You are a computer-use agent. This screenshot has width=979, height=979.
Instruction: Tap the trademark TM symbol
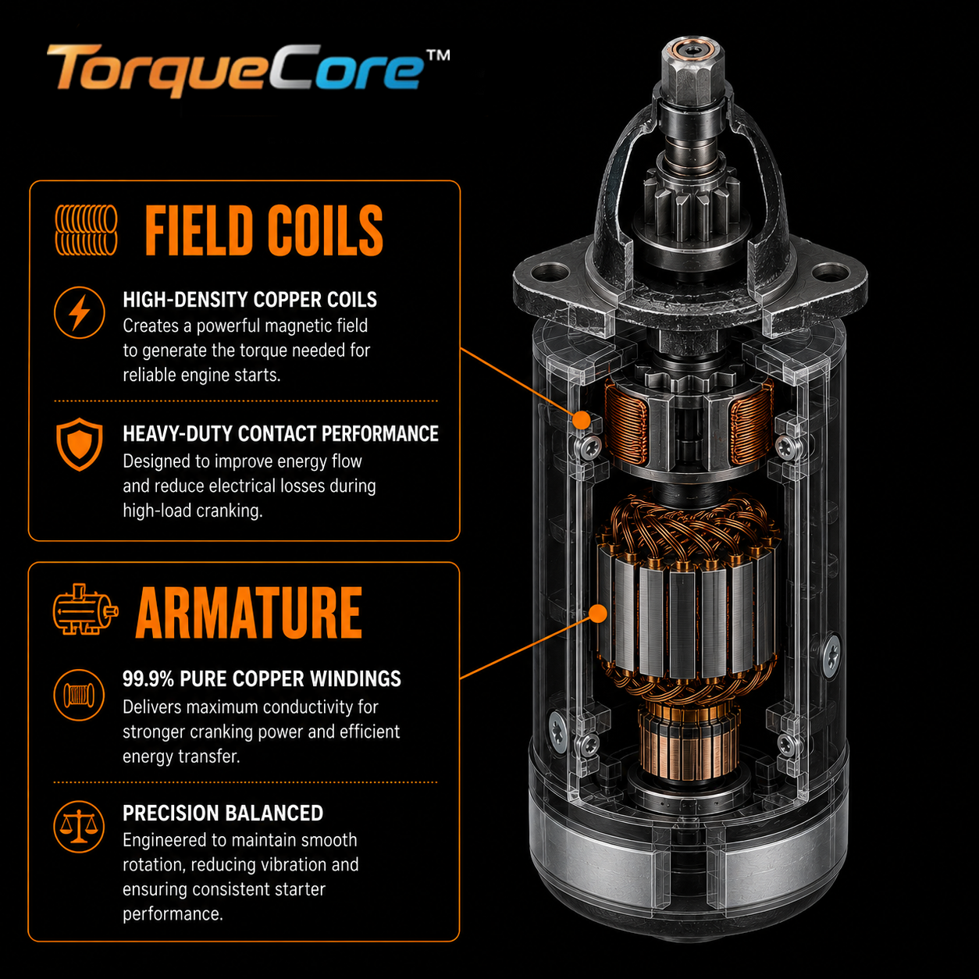pos(437,55)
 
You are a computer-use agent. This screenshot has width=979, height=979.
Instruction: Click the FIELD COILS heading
pos(264,230)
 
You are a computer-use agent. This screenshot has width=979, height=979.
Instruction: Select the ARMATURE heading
pos(249,612)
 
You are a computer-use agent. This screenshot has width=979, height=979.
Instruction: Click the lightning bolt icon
pos(80,312)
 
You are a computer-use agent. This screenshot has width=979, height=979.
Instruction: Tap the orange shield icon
pos(80,444)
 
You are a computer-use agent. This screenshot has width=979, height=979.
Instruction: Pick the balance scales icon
pos(79,827)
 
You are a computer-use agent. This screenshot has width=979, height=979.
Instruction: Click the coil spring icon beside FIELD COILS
pos(86,230)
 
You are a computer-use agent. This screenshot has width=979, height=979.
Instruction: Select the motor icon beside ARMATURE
pos(85,609)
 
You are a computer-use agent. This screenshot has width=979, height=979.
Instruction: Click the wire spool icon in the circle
pos(79,695)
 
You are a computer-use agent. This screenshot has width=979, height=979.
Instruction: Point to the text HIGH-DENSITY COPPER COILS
pos(250,300)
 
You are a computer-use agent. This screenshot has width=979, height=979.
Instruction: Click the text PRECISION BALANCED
pos(223,813)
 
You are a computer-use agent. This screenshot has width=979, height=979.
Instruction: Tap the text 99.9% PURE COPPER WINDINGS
pos(262,678)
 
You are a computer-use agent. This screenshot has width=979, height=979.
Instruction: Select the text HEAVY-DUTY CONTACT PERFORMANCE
pos(281,434)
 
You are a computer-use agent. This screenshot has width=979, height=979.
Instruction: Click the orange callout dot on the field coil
pos(581,420)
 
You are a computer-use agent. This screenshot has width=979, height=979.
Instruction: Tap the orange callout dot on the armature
pos(599,613)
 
